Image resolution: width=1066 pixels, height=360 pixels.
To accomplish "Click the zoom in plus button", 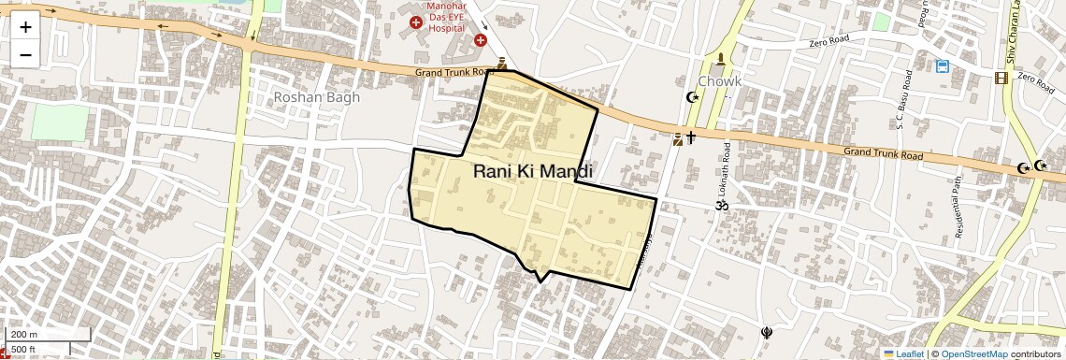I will coord(25,26).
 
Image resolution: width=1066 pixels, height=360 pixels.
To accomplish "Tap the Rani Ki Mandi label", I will coord(532,171).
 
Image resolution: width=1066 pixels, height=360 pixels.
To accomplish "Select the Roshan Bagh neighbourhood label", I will coord(317,97).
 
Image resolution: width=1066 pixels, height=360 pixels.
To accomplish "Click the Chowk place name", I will coord(720,81).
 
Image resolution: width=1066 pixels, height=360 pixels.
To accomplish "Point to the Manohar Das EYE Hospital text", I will coord(447,17).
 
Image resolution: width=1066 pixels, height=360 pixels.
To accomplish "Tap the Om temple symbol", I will coord(721,204).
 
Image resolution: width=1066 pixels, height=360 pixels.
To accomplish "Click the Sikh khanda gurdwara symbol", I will coord(768,331).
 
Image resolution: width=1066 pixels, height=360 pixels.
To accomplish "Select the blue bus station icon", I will coord(943,66).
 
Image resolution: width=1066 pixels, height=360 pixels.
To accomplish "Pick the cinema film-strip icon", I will coord(1001,78).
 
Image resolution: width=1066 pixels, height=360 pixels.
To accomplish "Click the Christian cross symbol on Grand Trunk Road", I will coord(691,137).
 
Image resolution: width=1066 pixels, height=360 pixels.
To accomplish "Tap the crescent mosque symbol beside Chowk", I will coord(693,96).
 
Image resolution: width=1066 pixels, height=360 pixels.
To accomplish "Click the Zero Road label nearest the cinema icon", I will coord(1036,81).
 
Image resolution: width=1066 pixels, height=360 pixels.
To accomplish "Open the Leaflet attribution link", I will coord(903,353).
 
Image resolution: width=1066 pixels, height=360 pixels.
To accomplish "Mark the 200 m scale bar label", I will coord(25,335).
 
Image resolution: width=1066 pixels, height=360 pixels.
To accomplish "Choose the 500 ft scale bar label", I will coord(24,349).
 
